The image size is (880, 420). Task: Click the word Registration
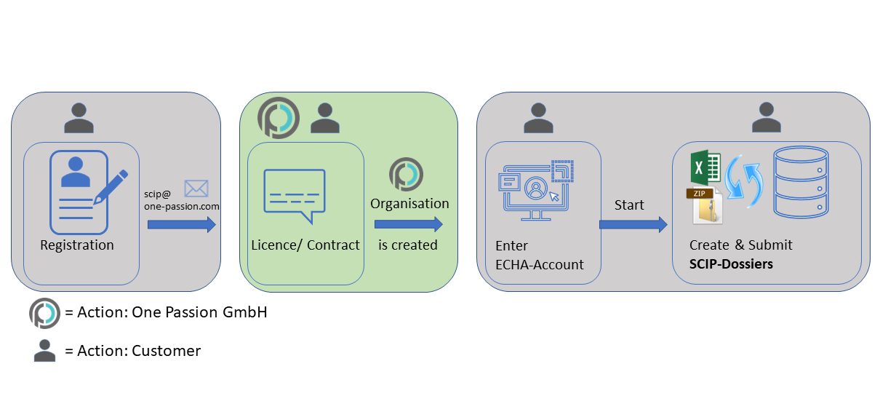tap(77, 245)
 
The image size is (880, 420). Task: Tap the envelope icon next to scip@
tap(196, 189)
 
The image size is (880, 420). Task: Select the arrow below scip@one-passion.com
tap(182, 224)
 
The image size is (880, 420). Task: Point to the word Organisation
tap(409, 204)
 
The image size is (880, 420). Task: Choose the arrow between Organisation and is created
tap(409, 224)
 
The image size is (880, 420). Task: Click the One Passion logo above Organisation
tap(407, 174)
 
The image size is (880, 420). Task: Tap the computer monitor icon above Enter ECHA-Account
tap(536, 190)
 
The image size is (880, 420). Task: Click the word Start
tap(629, 205)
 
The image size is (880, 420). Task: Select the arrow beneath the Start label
tap(633, 224)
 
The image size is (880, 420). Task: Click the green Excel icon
tap(705, 167)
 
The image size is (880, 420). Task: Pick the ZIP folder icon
tap(705, 205)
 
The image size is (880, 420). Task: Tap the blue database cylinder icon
tap(801, 182)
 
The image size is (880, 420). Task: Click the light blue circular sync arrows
tap(744, 181)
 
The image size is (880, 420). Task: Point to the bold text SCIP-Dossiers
tap(731, 264)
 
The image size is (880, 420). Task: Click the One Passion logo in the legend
tap(44, 314)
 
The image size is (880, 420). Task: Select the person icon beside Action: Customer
tap(45, 350)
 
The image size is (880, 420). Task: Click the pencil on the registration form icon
tap(111, 187)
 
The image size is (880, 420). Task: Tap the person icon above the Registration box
tap(79, 118)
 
